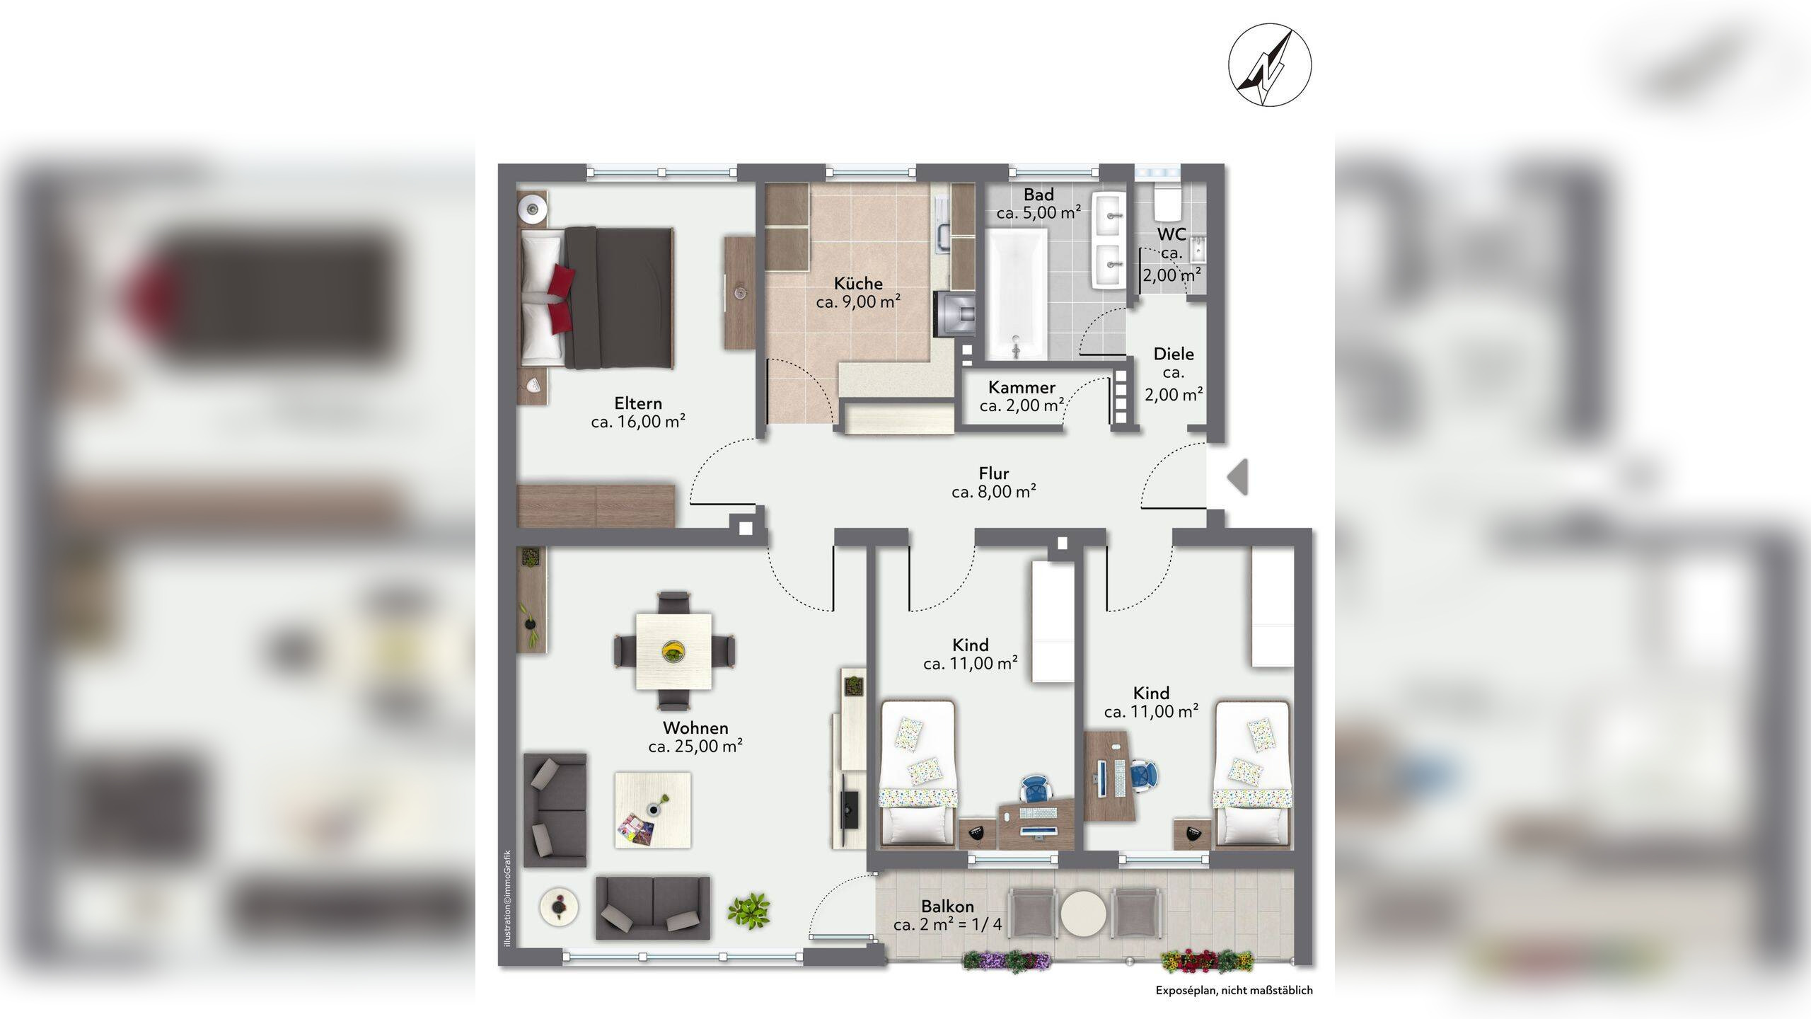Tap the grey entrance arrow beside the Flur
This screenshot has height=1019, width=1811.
(1237, 477)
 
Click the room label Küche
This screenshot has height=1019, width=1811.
(858, 283)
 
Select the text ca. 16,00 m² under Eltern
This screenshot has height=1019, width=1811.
(638, 422)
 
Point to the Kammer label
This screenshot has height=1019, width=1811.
(1022, 387)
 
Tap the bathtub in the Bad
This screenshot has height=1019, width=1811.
(1017, 294)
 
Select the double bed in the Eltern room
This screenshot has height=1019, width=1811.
(597, 298)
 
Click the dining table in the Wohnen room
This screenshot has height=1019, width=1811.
(674, 651)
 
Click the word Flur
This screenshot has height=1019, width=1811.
(994, 473)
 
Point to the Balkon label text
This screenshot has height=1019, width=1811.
(947, 906)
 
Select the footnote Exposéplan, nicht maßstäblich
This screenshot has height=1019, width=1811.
(1234, 991)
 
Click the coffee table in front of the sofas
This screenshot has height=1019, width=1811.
(652, 810)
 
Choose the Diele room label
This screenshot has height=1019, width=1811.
(1174, 354)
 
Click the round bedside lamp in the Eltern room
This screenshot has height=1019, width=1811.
(532, 208)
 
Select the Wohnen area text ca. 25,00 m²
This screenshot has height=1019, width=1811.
(695, 747)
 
